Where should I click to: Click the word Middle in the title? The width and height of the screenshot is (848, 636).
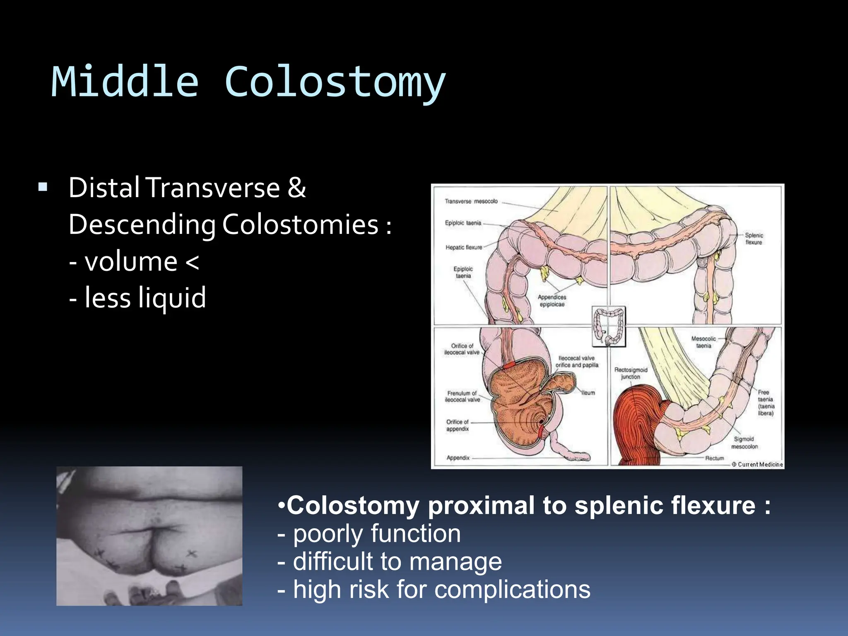[x=125, y=82]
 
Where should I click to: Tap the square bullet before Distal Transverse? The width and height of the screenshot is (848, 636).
[x=43, y=188]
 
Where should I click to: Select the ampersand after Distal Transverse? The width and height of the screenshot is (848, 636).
[x=296, y=188]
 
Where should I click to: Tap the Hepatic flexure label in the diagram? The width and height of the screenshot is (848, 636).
[x=464, y=248]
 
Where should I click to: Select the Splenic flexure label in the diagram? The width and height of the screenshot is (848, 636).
[x=754, y=238]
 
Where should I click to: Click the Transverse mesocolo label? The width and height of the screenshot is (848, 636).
[x=471, y=201]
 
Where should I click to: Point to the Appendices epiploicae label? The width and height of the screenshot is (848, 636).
[x=552, y=301]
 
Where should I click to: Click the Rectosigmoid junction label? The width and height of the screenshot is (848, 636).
[x=631, y=373]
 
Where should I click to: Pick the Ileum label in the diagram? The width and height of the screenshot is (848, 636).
[x=588, y=393]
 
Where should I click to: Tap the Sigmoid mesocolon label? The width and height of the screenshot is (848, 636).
[x=744, y=443]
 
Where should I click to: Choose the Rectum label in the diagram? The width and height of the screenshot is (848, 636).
[x=715, y=458]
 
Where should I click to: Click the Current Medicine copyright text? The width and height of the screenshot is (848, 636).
[x=757, y=465]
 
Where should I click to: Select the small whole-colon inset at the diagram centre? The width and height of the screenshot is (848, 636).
[x=608, y=326]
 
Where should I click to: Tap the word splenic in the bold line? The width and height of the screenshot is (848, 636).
[x=619, y=506]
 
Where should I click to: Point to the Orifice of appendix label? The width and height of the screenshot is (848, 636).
[x=457, y=425]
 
